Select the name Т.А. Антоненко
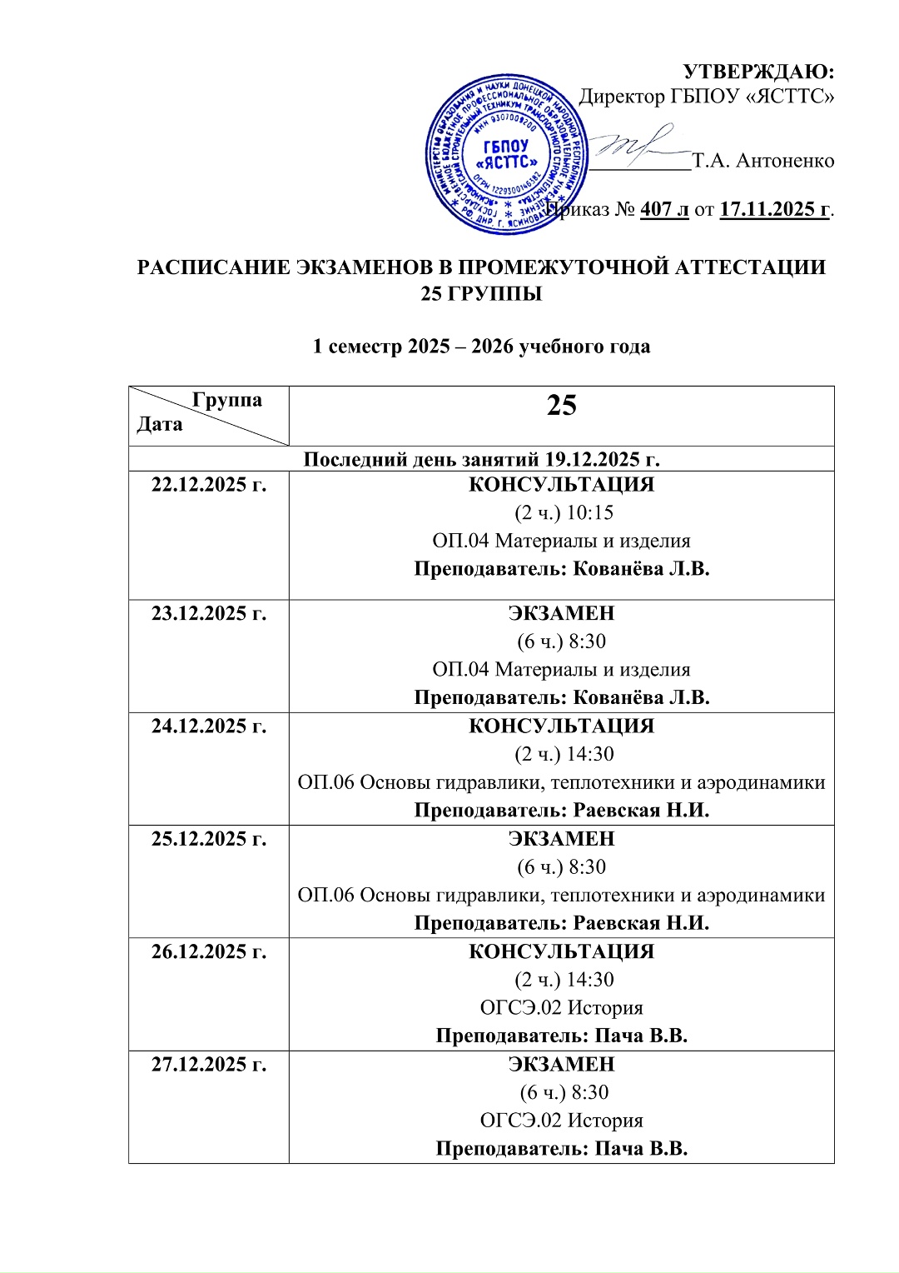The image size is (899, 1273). click(x=763, y=161)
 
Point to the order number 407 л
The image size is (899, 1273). click(x=664, y=209)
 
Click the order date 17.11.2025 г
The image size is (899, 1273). click(x=775, y=209)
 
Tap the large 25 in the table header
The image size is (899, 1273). click(x=561, y=406)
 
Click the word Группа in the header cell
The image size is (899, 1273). click(x=226, y=400)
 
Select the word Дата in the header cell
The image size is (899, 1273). click(x=160, y=425)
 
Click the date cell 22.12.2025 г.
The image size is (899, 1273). click(x=209, y=485)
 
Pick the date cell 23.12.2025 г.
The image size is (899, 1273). click(x=209, y=614)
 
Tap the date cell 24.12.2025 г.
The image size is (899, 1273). click(x=209, y=726)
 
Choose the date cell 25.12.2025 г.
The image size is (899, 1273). click(x=209, y=839)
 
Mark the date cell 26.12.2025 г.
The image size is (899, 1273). click(x=209, y=951)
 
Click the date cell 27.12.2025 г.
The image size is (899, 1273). click(x=209, y=1064)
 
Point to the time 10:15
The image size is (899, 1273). click(x=589, y=513)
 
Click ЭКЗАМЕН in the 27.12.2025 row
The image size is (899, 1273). click(x=561, y=1064)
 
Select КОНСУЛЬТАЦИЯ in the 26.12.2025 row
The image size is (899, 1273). click(x=561, y=951)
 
